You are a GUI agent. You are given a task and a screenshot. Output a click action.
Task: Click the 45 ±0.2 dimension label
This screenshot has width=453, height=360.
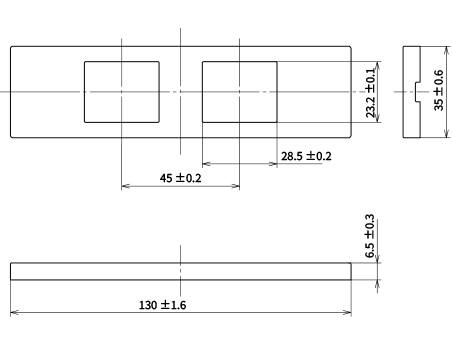point(180,178)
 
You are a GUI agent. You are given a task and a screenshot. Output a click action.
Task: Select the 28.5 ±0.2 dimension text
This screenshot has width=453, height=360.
point(306,156)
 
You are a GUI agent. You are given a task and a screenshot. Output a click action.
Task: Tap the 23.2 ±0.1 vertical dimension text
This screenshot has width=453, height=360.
point(370,93)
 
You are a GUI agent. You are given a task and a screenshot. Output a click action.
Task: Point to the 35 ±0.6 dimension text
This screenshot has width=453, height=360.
point(439,90)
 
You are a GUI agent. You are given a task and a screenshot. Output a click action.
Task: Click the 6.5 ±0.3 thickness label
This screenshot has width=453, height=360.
point(370,236)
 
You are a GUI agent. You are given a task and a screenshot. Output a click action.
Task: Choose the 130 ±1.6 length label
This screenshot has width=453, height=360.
point(162,305)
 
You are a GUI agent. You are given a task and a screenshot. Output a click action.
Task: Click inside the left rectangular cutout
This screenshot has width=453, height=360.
point(122,92)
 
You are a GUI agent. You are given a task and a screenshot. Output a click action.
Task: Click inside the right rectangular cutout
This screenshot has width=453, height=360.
point(240,92)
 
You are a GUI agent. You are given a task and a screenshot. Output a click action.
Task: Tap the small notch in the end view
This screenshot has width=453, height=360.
point(417,92)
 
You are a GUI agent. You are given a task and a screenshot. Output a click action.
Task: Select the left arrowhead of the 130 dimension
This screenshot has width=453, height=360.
point(14,313)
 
